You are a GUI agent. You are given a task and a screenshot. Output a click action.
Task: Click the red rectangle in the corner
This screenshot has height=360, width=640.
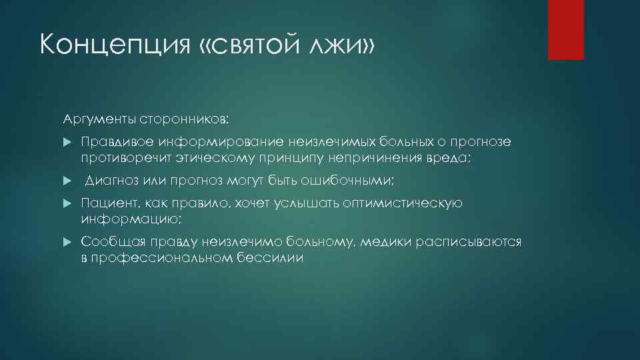(566, 30)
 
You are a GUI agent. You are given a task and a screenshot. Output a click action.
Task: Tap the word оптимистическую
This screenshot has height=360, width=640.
(401, 203)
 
